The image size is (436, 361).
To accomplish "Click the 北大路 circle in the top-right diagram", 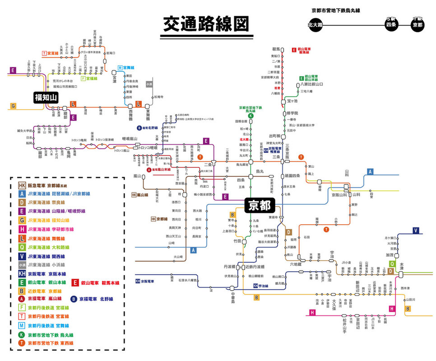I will coord(315,25).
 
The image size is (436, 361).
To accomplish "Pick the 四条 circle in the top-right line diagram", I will coord(390,25).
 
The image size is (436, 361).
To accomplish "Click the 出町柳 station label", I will coord(275,136).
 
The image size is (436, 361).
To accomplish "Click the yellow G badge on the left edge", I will coord(13,106).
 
